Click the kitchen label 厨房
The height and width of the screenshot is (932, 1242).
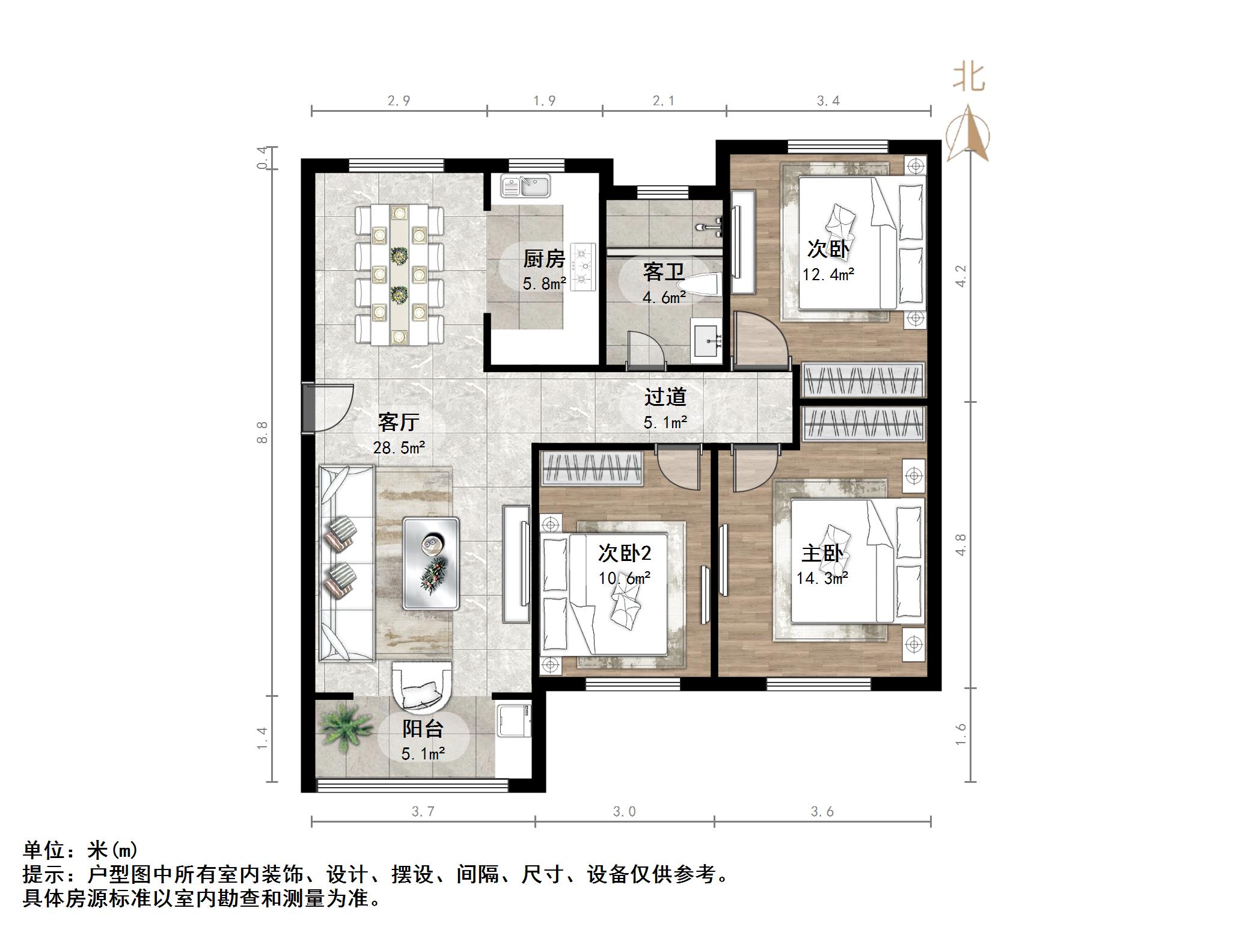click(x=544, y=259)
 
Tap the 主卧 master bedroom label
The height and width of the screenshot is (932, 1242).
click(x=822, y=553)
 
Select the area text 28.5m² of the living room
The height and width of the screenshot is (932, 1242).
click(x=399, y=448)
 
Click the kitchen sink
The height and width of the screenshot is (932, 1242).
click(x=527, y=186)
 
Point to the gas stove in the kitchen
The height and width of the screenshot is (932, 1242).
click(x=583, y=267)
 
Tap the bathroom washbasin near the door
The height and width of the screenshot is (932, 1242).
click(x=706, y=343)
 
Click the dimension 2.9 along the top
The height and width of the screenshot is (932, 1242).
click(x=399, y=101)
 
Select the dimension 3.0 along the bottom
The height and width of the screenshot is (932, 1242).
click(x=624, y=812)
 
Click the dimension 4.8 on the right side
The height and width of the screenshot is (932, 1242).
click(x=961, y=545)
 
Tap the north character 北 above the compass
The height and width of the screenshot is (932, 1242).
click(x=968, y=78)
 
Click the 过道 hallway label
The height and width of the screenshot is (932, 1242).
click(x=665, y=397)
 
